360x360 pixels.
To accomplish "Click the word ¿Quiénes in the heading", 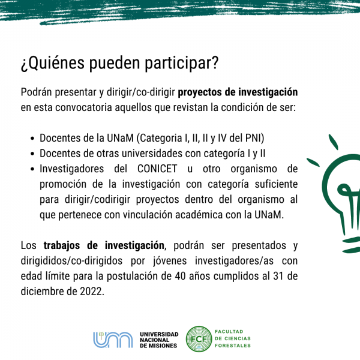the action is click(x=53, y=63).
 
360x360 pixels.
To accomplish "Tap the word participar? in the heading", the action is click(x=181, y=64).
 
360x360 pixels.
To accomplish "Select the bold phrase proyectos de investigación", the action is click(x=238, y=92).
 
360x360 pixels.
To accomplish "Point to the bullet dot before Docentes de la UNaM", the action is click(x=32, y=139).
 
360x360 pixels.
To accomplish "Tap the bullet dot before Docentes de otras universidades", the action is click(x=32, y=154).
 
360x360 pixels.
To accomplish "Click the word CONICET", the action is click(x=157, y=169).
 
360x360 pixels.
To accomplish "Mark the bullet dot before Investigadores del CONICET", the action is click(x=32, y=169).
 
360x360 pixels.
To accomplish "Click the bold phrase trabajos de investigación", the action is click(x=104, y=245).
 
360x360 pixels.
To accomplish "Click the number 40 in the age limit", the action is click(x=180, y=276).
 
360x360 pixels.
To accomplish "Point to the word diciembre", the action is click(x=42, y=292).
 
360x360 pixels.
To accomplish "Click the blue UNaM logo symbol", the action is click(x=113, y=340).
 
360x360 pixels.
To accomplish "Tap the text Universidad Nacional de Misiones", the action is click(x=159, y=340).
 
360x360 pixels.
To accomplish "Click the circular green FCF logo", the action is click(x=199, y=339).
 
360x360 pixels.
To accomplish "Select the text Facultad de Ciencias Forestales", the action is click(x=233, y=338).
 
